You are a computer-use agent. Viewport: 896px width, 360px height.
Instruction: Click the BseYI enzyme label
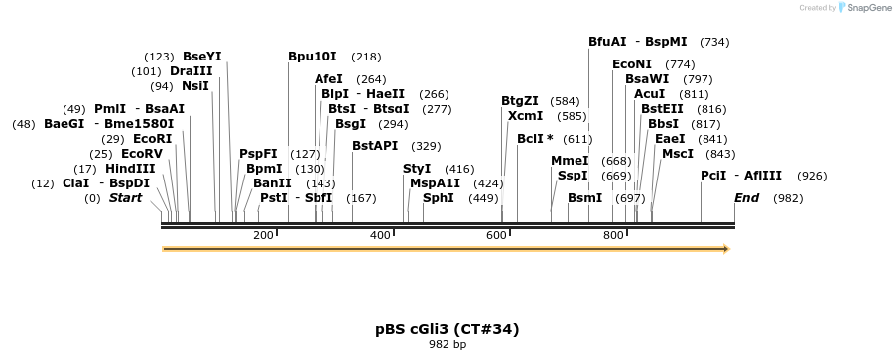click(202, 57)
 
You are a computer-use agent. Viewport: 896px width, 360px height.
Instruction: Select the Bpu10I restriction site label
click(313, 57)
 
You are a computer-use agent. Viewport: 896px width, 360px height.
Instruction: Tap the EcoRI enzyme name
click(152, 139)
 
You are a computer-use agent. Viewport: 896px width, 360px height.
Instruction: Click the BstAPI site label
click(375, 146)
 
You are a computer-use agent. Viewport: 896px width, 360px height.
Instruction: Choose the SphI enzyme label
click(439, 198)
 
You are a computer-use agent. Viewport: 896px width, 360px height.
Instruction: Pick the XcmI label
click(525, 116)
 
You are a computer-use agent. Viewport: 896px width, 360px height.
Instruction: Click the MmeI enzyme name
click(570, 161)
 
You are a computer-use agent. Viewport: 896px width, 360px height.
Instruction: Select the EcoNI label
click(632, 64)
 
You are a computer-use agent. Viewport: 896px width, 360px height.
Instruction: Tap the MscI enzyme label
click(678, 154)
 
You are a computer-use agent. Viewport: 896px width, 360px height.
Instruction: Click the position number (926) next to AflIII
click(812, 176)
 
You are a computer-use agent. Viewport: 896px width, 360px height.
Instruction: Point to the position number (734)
click(714, 42)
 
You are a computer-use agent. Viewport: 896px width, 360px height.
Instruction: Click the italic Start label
click(125, 198)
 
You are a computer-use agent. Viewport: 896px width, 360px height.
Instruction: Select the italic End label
click(746, 198)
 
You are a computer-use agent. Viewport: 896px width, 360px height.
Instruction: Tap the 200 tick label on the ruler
click(263, 235)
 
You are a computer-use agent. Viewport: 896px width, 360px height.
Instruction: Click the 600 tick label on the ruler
click(496, 235)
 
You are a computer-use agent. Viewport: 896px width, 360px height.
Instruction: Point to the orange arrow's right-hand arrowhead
click(726, 249)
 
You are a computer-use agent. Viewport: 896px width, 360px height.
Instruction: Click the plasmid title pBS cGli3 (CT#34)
click(447, 329)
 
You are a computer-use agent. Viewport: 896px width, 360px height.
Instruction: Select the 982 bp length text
click(447, 345)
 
